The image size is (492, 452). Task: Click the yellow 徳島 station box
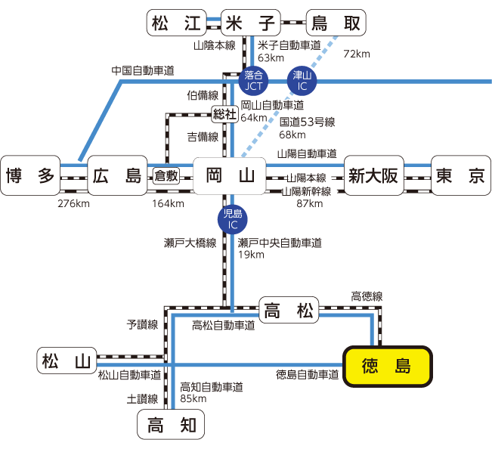[x=387, y=367]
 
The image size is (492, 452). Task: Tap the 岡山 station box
[x=230, y=176]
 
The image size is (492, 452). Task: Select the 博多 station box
[x=31, y=176]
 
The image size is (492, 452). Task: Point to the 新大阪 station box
[x=373, y=176]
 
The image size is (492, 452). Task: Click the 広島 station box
[x=117, y=176]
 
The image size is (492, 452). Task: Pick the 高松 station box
[x=290, y=309]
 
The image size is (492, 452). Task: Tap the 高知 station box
[x=171, y=425]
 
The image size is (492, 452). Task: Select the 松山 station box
[x=67, y=361]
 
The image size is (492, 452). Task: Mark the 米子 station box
[x=252, y=23]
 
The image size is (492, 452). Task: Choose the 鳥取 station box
[x=336, y=23]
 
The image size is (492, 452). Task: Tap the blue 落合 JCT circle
[x=253, y=78]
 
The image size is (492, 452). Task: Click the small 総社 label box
[x=224, y=114]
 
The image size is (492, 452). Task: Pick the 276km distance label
[x=73, y=203]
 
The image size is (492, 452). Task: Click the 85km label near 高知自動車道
[x=193, y=398]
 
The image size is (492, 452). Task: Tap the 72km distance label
[x=357, y=54]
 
